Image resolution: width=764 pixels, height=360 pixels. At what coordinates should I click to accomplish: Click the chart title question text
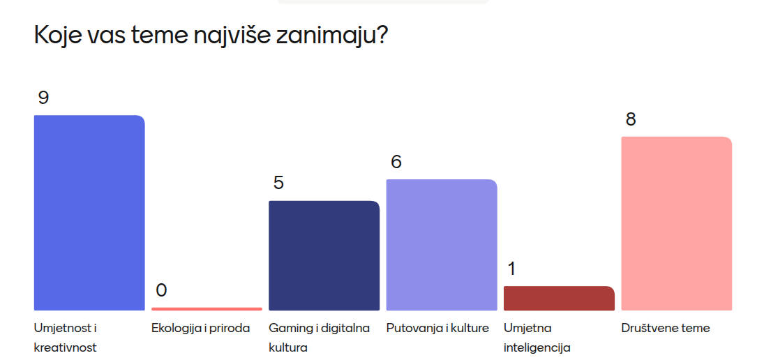pyautogui.click(x=211, y=36)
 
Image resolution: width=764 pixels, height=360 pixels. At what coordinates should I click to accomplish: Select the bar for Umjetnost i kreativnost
pyautogui.click(x=89, y=213)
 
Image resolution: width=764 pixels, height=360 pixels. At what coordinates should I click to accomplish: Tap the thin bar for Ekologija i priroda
pyautogui.click(x=207, y=309)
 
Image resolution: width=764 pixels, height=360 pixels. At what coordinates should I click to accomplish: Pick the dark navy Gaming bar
pyautogui.click(x=324, y=256)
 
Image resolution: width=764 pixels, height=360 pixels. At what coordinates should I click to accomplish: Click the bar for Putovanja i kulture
pyautogui.click(x=442, y=245)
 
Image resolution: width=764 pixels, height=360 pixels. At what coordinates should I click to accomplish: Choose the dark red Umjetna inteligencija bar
pyautogui.click(x=559, y=298)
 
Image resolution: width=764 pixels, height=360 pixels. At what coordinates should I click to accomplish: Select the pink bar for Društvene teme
pyautogui.click(x=676, y=223)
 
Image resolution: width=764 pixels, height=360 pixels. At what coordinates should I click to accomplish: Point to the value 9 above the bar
pyautogui.click(x=43, y=98)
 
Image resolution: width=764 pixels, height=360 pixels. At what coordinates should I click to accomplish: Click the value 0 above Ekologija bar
pyautogui.click(x=161, y=290)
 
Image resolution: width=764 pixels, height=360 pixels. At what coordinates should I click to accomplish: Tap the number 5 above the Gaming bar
pyautogui.click(x=278, y=183)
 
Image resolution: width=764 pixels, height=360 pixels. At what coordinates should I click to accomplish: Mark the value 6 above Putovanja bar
pyautogui.click(x=396, y=162)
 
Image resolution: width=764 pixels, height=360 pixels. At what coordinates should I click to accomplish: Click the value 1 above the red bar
pyautogui.click(x=511, y=269)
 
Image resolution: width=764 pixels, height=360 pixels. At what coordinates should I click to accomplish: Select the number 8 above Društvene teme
pyautogui.click(x=631, y=119)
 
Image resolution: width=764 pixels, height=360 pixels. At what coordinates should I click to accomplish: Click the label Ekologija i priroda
pyautogui.click(x=201, y=329)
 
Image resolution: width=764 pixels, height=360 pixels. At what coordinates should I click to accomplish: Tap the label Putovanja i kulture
pyautogui.click(x=437, y=329)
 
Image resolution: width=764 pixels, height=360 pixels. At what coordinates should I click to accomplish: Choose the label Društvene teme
pyautogui.click(x=666, y=329)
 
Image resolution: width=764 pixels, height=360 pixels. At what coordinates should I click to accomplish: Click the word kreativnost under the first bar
pyautogui.click(x=66, y=348)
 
